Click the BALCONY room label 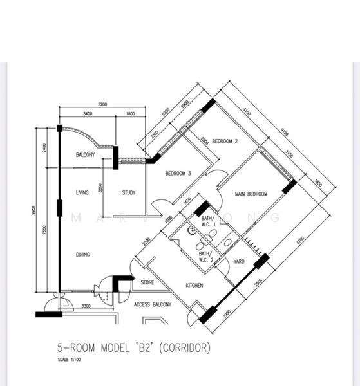pos(85,155)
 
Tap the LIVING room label pos(82,192)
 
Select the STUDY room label pos(128,192)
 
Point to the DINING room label pos(82,255)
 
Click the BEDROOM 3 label pos(178,174)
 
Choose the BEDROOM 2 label pos(225,141)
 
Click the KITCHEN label pos(195,285)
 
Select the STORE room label pos(147,282)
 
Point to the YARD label pos(238,262)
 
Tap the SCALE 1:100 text pos(70,360)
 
